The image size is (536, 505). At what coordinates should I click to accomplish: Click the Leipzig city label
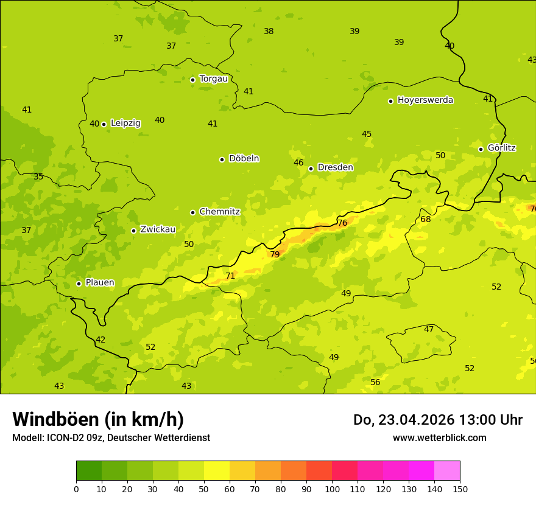point(125,124)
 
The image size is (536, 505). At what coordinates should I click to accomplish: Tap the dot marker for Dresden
point(311,169)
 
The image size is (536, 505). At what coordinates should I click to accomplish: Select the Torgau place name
point(214,79)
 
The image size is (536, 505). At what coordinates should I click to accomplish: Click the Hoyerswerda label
point(425,100)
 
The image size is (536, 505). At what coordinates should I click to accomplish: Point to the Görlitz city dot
point(481,149)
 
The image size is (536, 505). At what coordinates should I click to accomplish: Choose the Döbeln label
point(244,159)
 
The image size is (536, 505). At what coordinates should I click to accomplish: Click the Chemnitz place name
point(219,212)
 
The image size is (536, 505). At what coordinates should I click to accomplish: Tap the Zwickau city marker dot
point(133,231)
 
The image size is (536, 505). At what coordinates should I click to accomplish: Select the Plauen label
point(100,283)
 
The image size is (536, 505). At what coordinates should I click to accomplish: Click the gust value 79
point(275,254)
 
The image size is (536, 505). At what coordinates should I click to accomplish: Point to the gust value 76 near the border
point(342,223)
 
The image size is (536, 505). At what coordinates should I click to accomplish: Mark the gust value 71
point(230,276)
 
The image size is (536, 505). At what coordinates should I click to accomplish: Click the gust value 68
point(425,219)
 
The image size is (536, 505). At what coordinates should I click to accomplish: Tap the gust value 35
point(38,176)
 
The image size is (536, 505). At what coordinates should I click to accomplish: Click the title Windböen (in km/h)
point(98,419)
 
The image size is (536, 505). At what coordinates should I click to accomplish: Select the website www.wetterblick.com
point(439,438)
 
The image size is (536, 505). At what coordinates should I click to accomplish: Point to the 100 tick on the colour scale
point(332,489)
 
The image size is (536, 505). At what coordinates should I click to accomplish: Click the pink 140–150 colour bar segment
point(447,470)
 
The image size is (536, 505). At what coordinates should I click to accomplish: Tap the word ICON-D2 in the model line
point(65,438)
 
